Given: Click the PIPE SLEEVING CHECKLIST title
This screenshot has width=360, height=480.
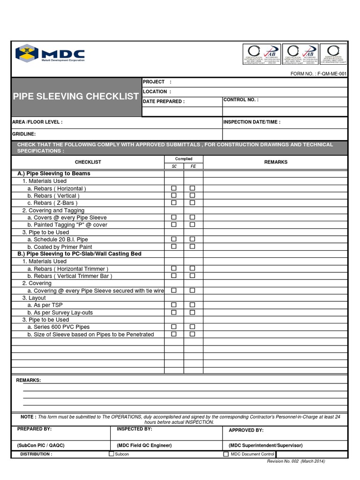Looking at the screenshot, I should [76, 97].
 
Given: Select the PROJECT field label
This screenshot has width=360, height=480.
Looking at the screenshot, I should [154, 82].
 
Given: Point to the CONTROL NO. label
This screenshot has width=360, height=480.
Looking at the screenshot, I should [240, 100].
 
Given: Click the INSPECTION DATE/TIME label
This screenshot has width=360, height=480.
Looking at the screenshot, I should [252, 122].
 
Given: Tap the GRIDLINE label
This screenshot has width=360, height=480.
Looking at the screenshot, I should [24, 134].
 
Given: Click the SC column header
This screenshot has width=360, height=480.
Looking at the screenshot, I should [174, 166].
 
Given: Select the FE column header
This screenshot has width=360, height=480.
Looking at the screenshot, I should [193, 166].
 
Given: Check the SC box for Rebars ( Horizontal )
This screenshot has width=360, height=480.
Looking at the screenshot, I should [174, 188].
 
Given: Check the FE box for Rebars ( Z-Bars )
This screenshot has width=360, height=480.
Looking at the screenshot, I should [193, 203].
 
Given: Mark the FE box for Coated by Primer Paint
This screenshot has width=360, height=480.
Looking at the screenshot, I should [193, 247].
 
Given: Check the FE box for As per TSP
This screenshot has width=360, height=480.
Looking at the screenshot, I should [193, 305].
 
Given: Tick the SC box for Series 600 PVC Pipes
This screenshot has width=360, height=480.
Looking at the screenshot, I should [174, 327].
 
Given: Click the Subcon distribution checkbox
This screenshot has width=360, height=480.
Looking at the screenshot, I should [112, 454].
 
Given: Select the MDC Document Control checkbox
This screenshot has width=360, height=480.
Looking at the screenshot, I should [226, 454].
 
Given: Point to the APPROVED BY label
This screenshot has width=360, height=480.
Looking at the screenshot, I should [246, 430].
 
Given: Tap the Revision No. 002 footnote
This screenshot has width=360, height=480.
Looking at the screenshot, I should [296, 461].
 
